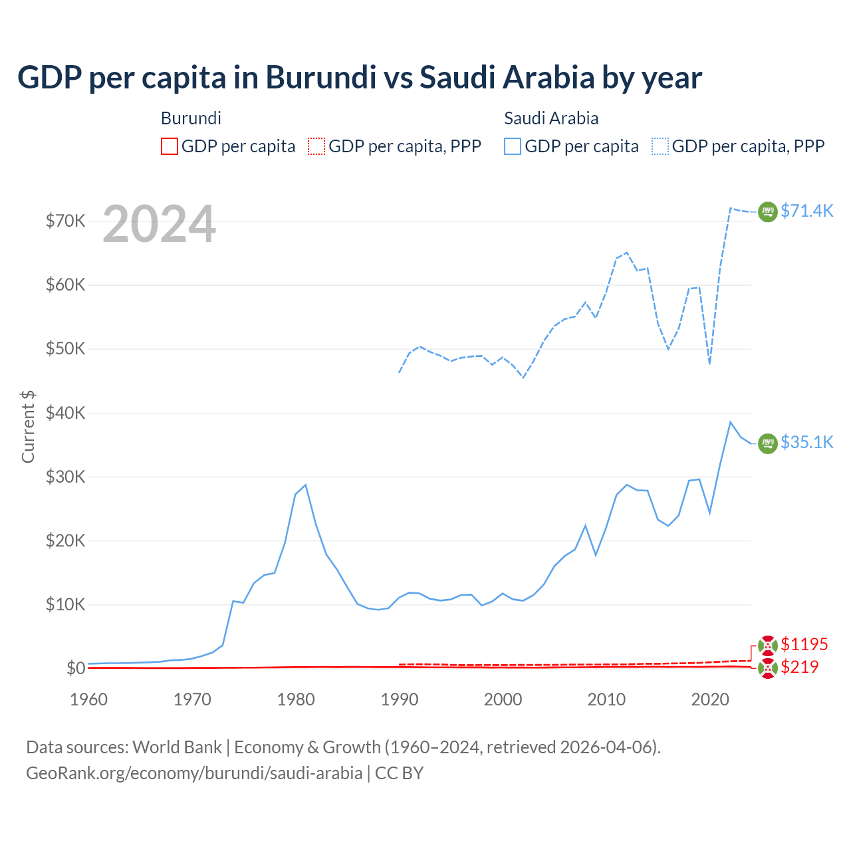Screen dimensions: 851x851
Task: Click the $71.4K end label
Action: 806,211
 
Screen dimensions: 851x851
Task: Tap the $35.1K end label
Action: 806,442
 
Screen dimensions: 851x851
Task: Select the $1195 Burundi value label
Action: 804,644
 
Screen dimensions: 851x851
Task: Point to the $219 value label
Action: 799,667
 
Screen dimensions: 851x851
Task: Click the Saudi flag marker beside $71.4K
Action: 768,211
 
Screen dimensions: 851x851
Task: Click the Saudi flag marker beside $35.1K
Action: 768,443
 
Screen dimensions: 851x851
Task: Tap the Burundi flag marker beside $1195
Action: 768,645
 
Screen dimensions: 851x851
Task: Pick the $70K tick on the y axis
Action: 65,221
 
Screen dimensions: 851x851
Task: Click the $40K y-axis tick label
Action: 65,413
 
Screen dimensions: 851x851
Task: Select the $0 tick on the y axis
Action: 76,668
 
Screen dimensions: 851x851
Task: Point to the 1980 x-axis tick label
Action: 296,699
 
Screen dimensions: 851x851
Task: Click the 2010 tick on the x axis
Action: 606,699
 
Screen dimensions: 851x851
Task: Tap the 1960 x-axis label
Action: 89,699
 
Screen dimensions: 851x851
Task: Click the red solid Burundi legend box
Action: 170,146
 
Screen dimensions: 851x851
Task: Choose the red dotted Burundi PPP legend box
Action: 316,146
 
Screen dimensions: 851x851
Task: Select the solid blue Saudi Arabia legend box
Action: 513,146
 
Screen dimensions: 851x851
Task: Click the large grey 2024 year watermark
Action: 159,224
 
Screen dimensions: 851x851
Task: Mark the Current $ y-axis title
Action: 28,426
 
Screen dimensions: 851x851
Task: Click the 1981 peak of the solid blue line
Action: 305,485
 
